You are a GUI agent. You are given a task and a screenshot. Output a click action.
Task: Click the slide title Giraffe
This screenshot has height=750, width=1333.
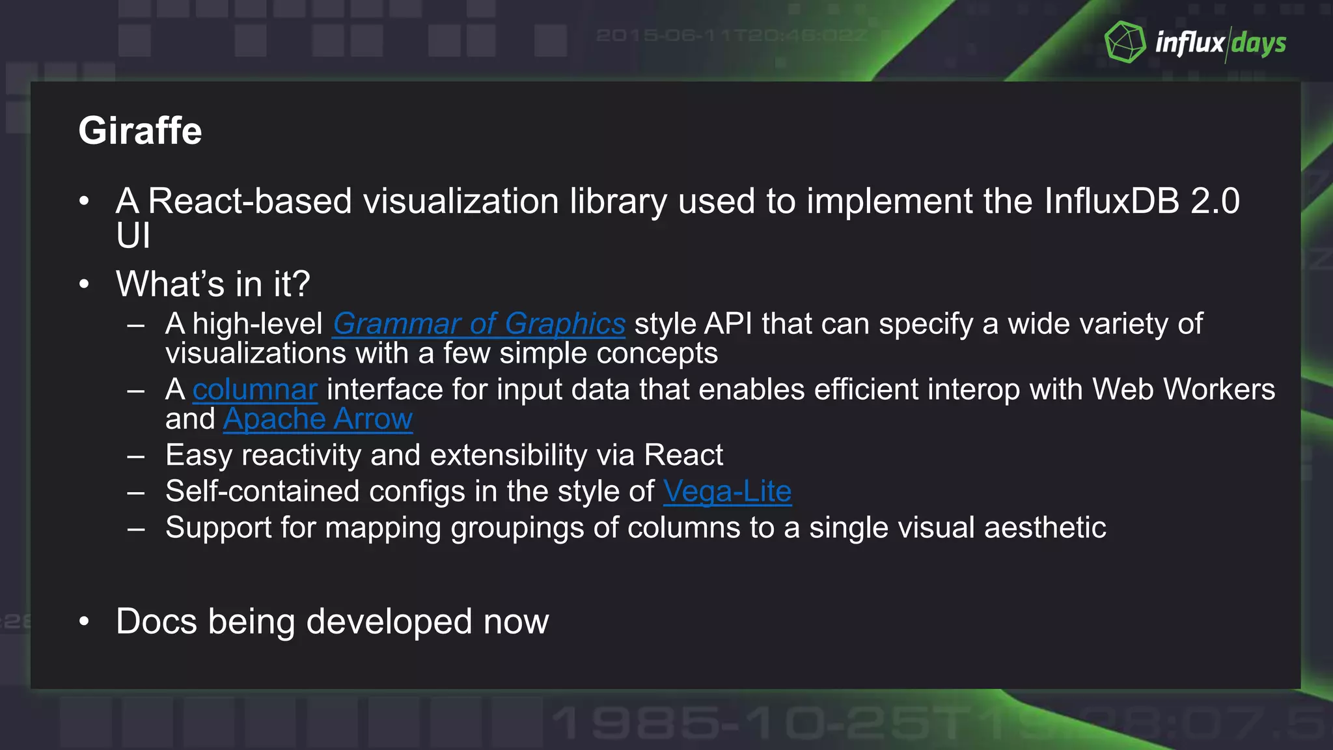coord(140,130)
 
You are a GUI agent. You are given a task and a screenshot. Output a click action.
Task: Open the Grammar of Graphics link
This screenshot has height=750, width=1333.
coord(479,324)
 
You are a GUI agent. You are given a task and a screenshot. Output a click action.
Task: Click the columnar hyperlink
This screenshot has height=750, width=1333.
coord(254,389)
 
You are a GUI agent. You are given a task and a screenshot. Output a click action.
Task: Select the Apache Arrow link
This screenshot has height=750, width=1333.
coord(318,419)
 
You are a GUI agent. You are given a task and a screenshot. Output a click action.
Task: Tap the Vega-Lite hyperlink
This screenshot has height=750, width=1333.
coord(727,491)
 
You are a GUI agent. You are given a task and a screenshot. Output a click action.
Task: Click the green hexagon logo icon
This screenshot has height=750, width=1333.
coord(1125,42)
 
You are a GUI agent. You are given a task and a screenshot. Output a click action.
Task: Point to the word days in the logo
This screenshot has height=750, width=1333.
coord(1259,44)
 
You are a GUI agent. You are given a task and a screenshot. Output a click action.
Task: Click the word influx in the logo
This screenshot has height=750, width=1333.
coord(1190,43)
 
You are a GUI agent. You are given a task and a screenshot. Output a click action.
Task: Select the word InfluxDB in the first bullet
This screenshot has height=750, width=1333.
coord(1112,201)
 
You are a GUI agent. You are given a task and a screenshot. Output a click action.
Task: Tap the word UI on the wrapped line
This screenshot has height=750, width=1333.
coord(133,235)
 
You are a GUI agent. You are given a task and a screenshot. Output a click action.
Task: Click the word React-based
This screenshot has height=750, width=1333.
coord(250,201)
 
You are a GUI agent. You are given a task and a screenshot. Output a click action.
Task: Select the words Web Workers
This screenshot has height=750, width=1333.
coord(1183,389)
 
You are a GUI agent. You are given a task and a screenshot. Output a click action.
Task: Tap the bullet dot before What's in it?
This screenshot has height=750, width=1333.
coord(84,285)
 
